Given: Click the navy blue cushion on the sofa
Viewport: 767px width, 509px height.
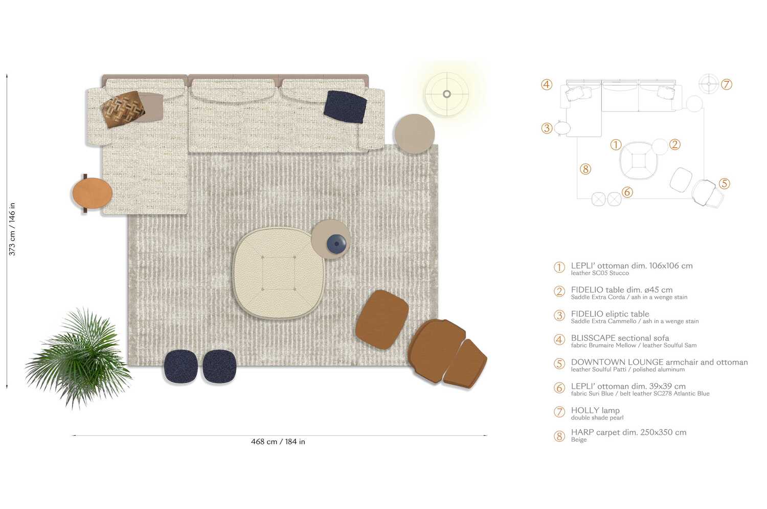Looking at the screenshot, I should click(x=345, y=106).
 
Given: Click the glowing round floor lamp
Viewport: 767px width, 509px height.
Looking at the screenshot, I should click(x=447, y=94).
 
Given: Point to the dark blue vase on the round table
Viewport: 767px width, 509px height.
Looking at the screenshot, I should click(x=336, y=244).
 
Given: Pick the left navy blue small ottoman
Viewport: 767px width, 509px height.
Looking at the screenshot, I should click(x=181, y=366).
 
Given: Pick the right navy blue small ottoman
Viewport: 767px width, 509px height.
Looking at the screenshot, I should click(x=219, y=366).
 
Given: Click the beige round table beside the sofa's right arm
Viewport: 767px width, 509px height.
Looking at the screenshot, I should click(x=414, y=134).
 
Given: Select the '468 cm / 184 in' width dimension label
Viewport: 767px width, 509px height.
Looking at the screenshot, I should click(x=278, y=441).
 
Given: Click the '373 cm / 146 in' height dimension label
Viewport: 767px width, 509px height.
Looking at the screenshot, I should click(x=12, y=229).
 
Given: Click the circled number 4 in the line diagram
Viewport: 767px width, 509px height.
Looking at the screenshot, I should click(x=547, y=84).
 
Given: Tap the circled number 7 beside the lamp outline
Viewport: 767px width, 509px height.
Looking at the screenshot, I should click(x=727, y=84).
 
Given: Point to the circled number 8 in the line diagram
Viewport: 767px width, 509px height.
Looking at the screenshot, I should click(x=585, y=169).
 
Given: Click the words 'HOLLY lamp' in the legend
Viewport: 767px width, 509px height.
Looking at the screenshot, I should click(x=595, y=410).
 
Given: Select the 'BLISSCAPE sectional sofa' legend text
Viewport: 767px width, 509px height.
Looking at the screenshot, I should click(x=620, y=338).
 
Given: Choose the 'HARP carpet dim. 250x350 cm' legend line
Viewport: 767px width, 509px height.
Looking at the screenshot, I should click(x=628, y=432).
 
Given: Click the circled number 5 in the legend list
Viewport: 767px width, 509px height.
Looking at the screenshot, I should click(x=559, y=364).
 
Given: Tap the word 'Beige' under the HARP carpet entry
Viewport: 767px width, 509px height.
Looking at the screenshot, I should click(x=579, y=440).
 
